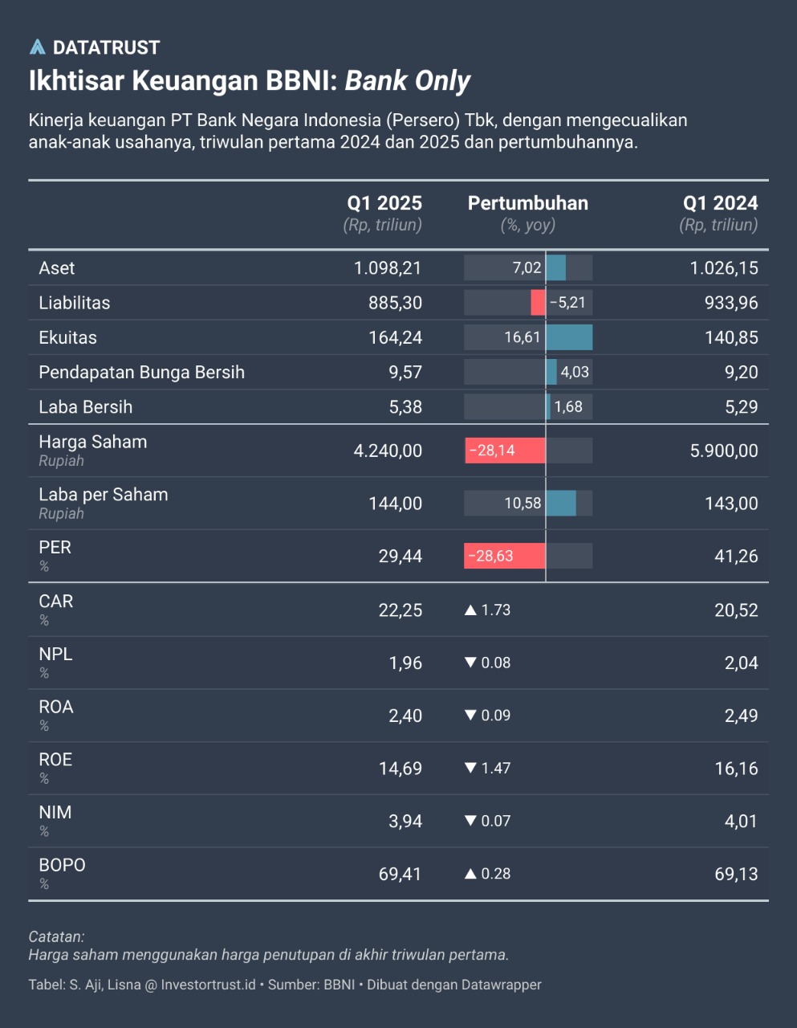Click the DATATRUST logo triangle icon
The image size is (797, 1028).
(37, 47)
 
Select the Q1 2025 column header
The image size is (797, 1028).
(384, 203)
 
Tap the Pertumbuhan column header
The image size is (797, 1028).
(527, 203)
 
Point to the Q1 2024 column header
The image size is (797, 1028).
(720, 203)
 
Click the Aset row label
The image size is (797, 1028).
(57, 268)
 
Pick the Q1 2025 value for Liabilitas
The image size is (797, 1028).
(395, 303)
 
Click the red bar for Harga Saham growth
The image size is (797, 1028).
(505, 451)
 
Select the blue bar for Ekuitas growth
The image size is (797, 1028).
(569, 337)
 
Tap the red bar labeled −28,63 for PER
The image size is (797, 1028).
(505, 556)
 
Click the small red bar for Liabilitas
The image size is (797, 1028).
(538, 303)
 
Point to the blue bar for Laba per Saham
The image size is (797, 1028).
(560, 504)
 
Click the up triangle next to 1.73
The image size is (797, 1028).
(471, 610)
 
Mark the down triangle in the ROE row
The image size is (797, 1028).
(471, 769)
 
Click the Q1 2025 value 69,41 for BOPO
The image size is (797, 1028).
(400, 874)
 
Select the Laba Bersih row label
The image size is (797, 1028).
(86, 407)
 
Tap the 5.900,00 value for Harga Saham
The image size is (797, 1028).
(724, 451)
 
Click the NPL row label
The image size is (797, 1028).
(55, 655)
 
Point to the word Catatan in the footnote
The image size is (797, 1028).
(56, 936)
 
